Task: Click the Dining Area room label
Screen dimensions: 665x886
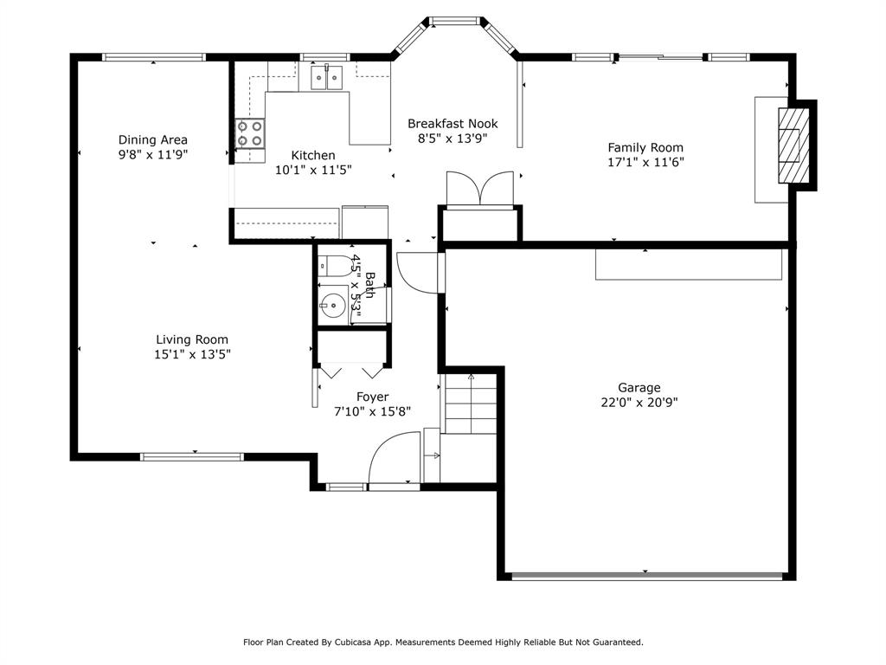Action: pyautogui.click(x=153, y=139)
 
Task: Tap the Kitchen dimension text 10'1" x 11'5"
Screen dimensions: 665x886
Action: pyautogui.click(x=313, y=171)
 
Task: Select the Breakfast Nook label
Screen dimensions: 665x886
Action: pyautogui.click(x=453, y=124)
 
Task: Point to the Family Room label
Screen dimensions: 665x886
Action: pyautogui.click(x=645, y=147)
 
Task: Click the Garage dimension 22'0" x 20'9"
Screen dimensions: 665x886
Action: pyautogui.click(x=639, y=402)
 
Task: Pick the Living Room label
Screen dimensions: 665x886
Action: pyautogui.click(x=192, y=339)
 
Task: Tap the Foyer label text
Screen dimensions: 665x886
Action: pyautogui.click(x=372, y=397)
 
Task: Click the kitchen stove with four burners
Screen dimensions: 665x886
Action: pyautogui.click(x=250, y=134)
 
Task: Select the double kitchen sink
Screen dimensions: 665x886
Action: pyautogui.click(x=326, y=78)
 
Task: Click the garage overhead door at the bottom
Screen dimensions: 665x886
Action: pyautogui.click(x=647, y=575)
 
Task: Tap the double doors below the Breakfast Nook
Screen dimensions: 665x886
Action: pyautogui.click(x=480, y=189)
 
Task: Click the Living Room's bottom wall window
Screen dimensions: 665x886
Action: pyautogui.click(x=192, y=456)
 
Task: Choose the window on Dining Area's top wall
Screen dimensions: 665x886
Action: pyautogui.click(x=153, y=57)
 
